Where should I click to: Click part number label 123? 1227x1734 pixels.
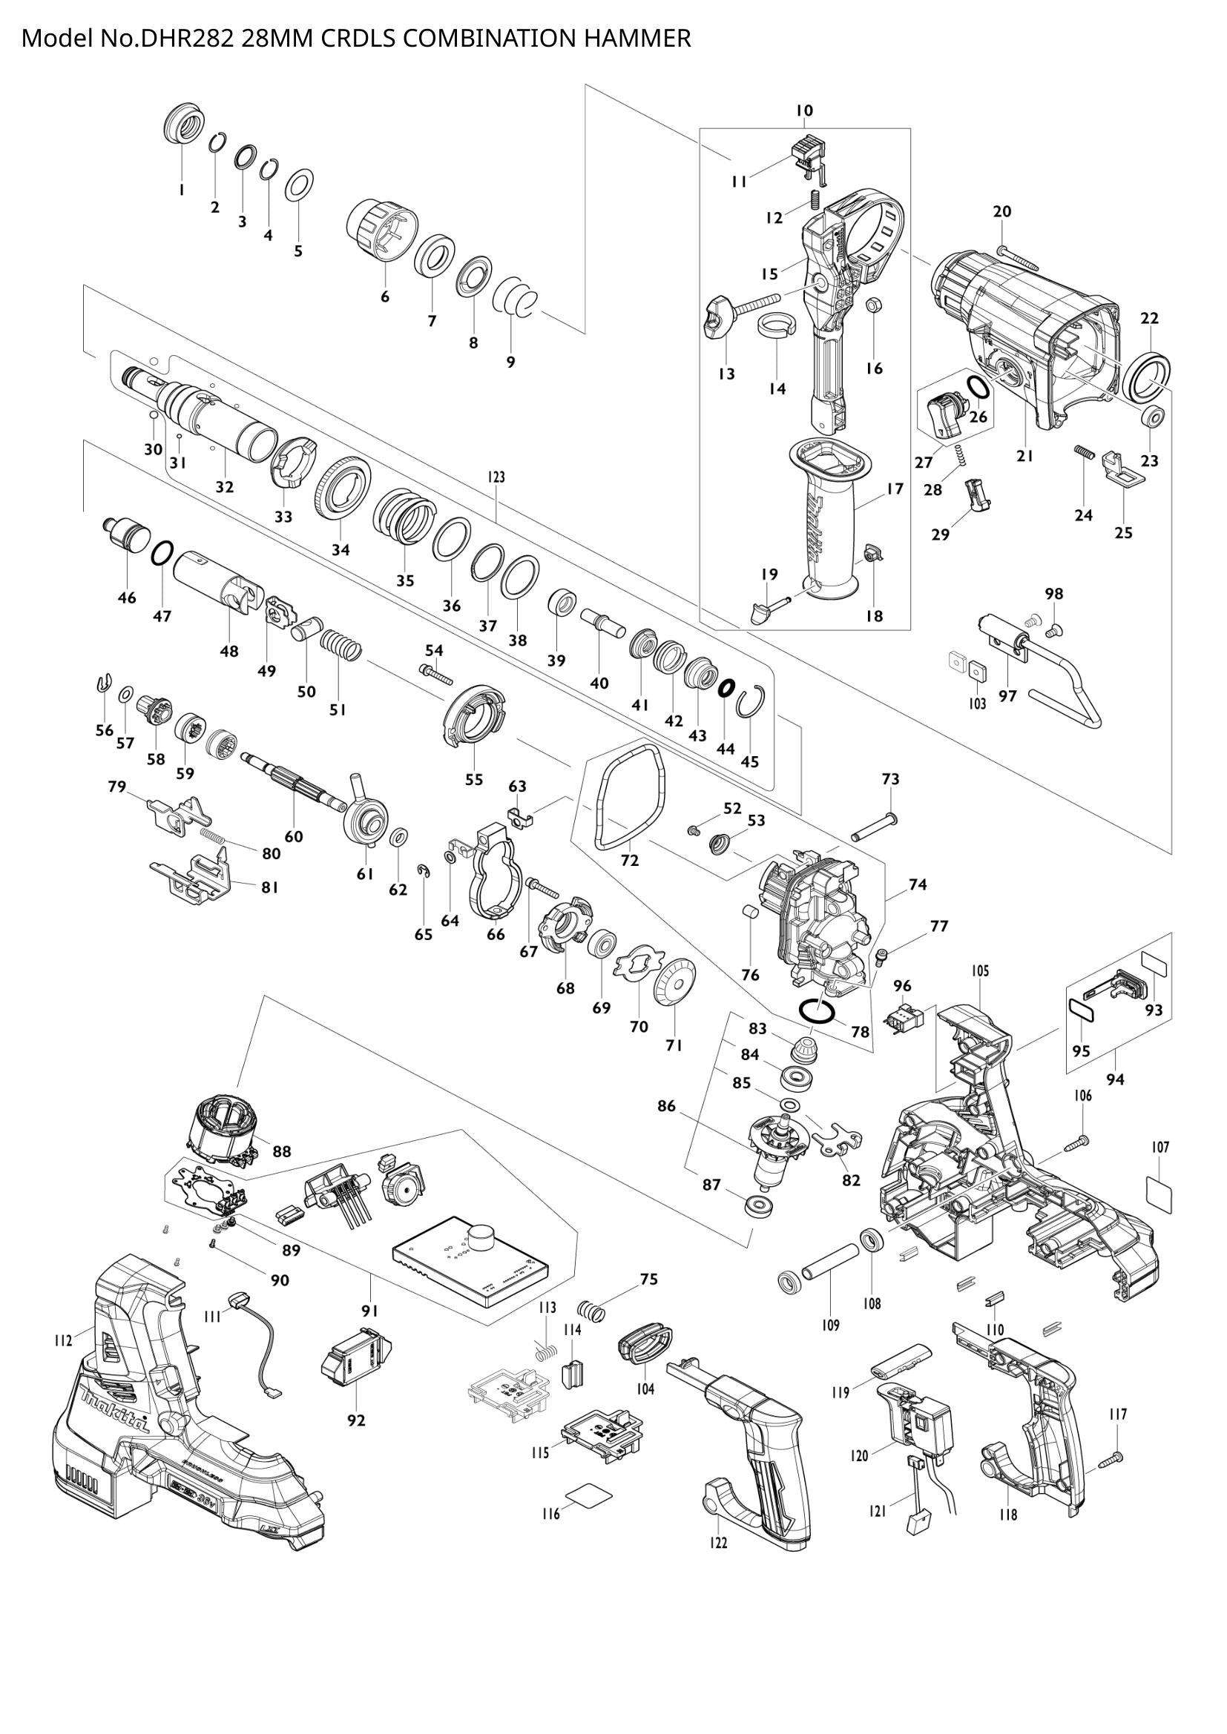point(496,477)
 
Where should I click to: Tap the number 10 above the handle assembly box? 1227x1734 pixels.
point(804,110)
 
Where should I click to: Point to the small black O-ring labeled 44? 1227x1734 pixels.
point(726,687)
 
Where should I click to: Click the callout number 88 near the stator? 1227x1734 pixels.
point(281,1152)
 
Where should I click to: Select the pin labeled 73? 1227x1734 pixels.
point(872,827)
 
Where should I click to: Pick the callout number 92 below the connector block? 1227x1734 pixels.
point(356,1420)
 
